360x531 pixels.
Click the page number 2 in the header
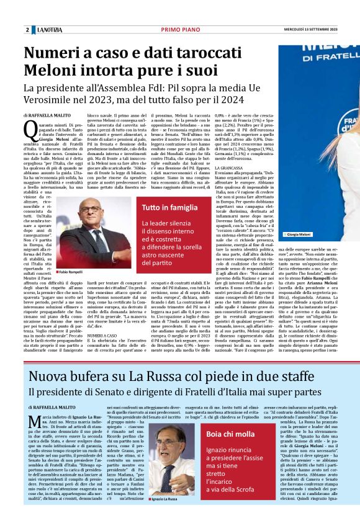pos(27,30)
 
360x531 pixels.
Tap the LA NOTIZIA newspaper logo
pos(50,30)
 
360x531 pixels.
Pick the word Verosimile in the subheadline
pos(53,99)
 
